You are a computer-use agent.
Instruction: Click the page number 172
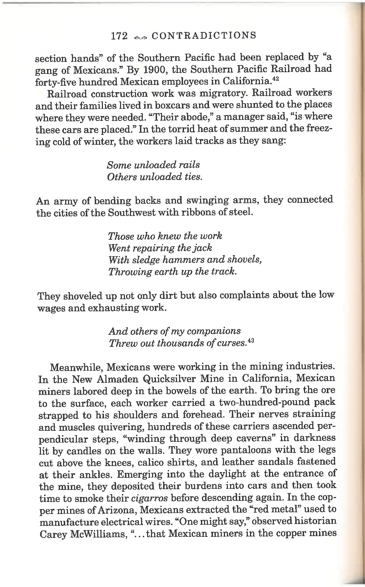coord(119,36)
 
